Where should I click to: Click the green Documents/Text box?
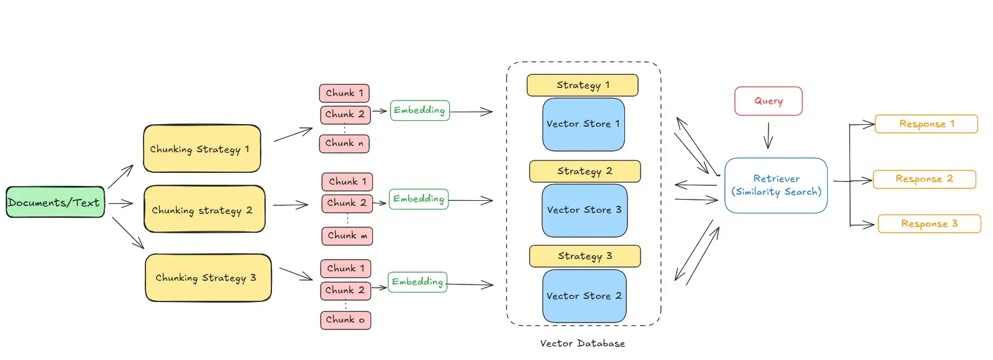(56, 202)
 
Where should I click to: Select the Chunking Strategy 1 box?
(202, 148)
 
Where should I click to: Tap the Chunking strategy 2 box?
(205, 209)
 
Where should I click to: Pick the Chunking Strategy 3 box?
(208, 278)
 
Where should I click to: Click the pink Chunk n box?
(344, 144)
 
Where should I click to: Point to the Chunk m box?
(347, 236)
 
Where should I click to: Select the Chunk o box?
(346, 320)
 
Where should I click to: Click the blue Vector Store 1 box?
(583, 124)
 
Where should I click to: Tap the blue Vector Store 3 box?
(584, 211)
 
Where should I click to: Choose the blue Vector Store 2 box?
(584, 296)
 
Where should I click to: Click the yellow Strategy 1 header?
(583, 85)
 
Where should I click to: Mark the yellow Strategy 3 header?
(584, 256)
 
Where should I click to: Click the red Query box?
(768, 101)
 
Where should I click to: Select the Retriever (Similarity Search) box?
(776, 185)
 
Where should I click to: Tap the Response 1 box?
(926, 124)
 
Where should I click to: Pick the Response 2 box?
(924, 179)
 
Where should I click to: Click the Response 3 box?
(929, 224)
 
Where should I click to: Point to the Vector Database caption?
(583, 344)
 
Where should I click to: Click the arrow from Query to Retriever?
(768, 135)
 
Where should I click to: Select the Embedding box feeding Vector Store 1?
(420, 110)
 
